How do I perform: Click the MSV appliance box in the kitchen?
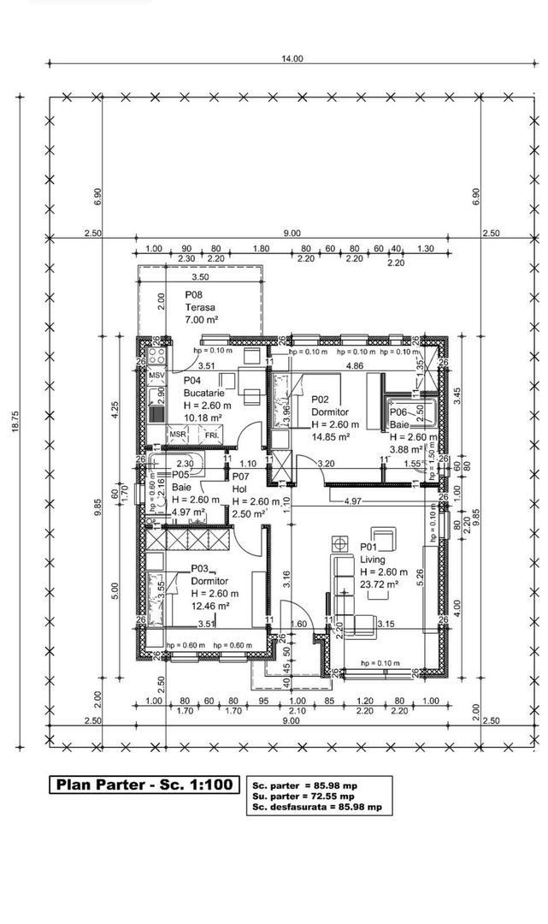(156, 375)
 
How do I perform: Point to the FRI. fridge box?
(211, 435)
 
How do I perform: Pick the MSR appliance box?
(178, 435)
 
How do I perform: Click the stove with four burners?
(156, 353)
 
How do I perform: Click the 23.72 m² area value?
(380, 584)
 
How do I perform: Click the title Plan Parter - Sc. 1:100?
(143, 785)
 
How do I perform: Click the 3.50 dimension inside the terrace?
(200, 277)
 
